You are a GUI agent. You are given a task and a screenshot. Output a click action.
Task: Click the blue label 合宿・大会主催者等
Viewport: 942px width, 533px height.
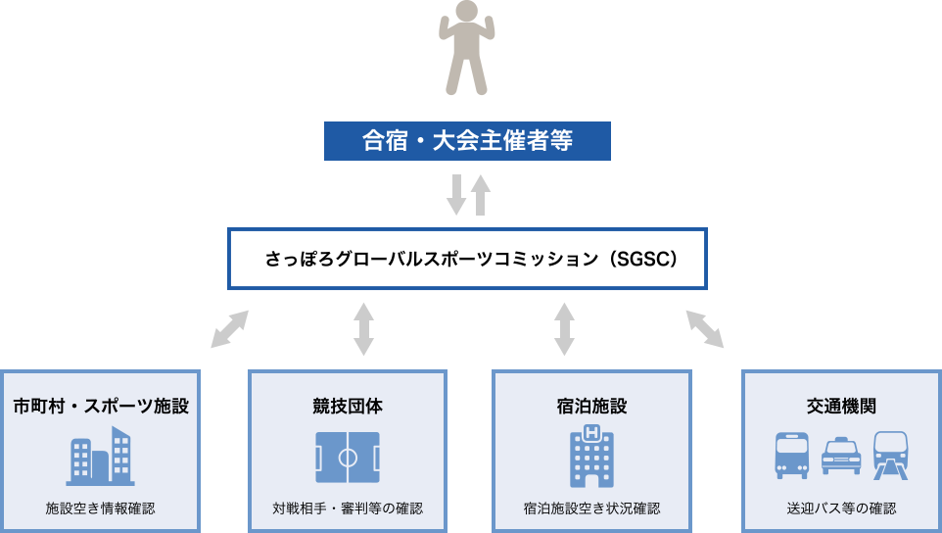pos(467,141)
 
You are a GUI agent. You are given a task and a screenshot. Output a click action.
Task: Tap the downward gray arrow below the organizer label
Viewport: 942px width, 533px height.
pos(455,195)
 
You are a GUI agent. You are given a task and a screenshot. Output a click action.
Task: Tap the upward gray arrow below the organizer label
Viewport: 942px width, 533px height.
pos(480,195)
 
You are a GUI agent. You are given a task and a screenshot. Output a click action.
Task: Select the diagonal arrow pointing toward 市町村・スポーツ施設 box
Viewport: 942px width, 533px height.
pos(230,329)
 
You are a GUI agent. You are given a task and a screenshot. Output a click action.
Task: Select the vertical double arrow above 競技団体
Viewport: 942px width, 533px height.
pos(363,329)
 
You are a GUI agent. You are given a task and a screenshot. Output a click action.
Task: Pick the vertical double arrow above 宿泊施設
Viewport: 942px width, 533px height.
pos(564,329)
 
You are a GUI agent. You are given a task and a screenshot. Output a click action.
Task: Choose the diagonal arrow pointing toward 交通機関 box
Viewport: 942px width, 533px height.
pos(704,329)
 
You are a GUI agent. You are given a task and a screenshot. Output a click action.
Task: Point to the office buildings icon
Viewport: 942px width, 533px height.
pos(101,456)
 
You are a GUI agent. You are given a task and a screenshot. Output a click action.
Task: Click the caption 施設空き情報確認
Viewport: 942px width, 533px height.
pos(101,509)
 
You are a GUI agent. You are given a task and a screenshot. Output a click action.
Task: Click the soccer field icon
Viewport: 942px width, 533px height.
pos(348,457)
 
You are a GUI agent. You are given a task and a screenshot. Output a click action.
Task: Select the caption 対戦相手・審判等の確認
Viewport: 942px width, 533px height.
pos(348,509)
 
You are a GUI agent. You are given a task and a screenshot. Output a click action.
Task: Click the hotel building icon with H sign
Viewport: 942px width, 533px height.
pos(590,456)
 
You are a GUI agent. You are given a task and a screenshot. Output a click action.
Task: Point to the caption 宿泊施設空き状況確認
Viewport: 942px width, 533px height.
pos(590,509)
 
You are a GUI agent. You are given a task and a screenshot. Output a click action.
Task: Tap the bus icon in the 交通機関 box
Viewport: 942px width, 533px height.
pos(791,455)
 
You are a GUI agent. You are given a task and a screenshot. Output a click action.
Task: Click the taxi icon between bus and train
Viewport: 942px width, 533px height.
pos(840,457)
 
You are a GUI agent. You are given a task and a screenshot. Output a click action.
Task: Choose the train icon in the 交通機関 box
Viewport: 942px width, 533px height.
pos(890,455)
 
